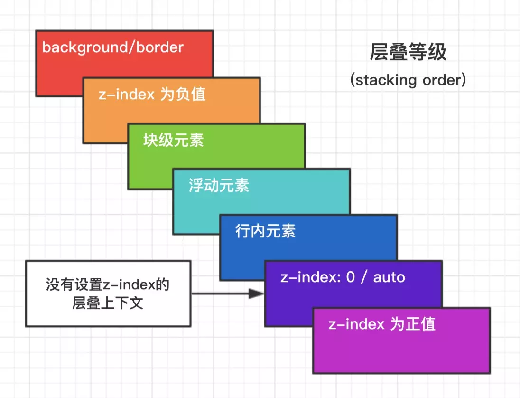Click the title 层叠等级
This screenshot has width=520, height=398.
[408, 53]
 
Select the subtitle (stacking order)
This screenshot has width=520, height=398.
[408, 80]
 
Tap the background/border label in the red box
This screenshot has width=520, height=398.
[113, 47]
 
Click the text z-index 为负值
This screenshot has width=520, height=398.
[152, 94]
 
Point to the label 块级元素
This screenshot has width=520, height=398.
[173, 140]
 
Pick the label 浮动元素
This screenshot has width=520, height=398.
[218, 185]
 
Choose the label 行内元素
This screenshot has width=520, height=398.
[265, 231]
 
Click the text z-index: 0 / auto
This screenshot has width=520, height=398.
[343, 277]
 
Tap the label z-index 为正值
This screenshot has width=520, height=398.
[381, 324]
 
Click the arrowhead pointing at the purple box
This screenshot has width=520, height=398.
[256, 294]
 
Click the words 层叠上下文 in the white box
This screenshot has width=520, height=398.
[108, 303]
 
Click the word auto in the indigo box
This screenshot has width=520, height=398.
[389, 277]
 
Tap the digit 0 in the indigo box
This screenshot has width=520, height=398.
[351, 277]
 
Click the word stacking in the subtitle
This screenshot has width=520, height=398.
[385, 80]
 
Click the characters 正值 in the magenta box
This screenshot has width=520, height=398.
[420, 324]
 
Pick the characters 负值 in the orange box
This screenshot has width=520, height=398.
[190, 94]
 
